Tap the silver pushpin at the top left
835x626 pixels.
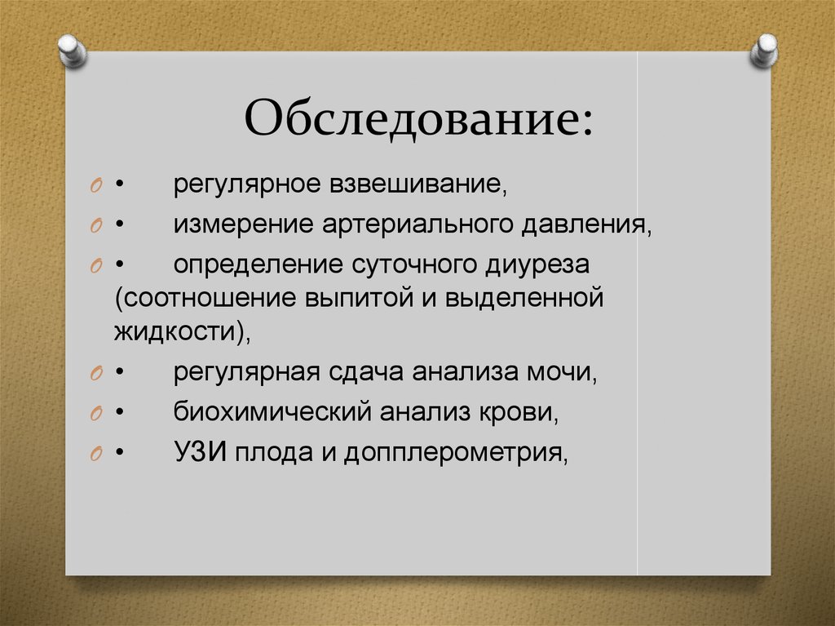click(x=74, y=50)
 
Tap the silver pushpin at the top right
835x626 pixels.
click(x=764, y=51)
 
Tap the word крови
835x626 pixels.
click(x=524, y=412)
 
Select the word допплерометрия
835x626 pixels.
click(x=454, y=452)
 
